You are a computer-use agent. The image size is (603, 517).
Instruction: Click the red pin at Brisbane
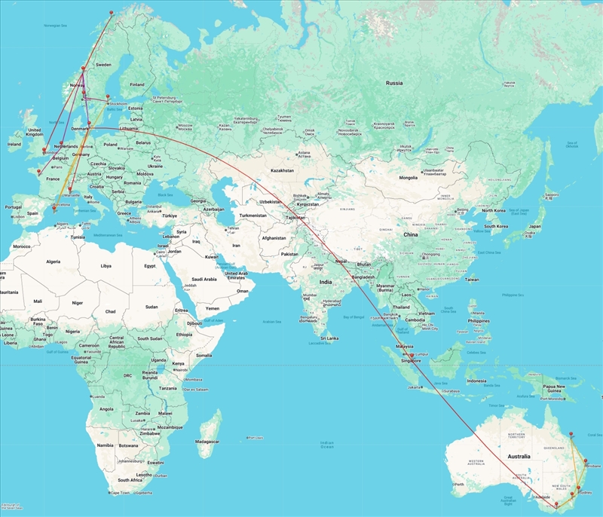pyautogui.click(x=585, y=460)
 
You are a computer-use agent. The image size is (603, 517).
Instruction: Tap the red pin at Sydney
pyautogui.click(x=580, y=489)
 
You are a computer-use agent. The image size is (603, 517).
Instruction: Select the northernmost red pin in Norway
pyautogui.click(x=111, y=14)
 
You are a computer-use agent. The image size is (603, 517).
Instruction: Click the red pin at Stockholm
pyautogui.click(x=108, y=97)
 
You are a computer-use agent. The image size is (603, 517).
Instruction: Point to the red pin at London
pyautogui.click(x=45, y=150)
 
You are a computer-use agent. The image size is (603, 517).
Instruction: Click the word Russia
pyautogui.click(x=393, y=83)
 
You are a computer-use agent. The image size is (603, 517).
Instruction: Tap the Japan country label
pyautogui.click(x=535, y=226)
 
